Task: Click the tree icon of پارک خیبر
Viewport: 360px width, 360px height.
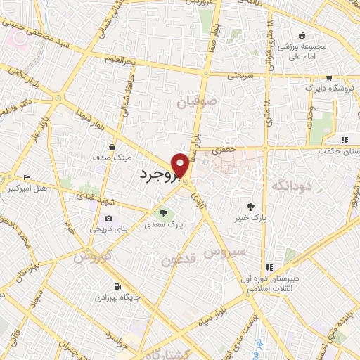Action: (251, 206)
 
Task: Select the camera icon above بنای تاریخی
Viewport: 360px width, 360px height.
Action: (108, 218)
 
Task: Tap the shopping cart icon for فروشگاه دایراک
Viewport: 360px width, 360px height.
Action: (329, 79)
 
